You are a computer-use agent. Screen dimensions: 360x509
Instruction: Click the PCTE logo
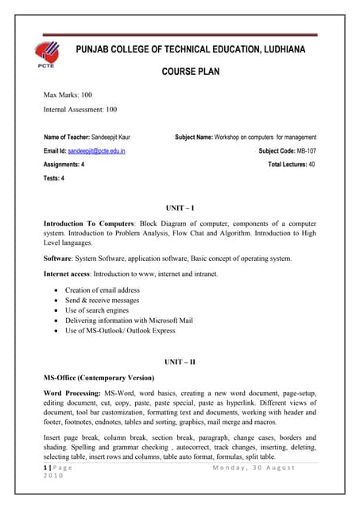pos(47,56)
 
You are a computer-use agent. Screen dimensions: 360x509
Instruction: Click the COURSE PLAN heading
pos(195,72)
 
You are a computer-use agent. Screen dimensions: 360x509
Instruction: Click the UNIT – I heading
pos(180,208)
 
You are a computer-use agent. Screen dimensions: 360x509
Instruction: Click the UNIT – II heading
pos(180,362)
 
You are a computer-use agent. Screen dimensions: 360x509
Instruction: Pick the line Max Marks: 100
pos(68,95)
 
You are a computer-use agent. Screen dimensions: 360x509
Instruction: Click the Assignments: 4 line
pos(64,164)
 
